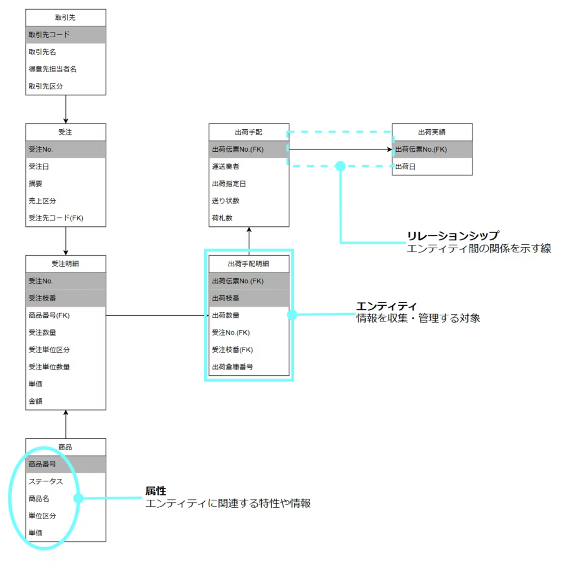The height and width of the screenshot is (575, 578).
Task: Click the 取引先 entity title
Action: [65, 18]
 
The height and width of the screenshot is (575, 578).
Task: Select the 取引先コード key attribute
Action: [49, 35]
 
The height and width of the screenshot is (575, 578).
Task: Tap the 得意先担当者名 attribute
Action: [53, 69]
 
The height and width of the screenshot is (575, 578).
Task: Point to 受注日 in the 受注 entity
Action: [39, 167]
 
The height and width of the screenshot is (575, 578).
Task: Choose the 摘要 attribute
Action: [35, 184]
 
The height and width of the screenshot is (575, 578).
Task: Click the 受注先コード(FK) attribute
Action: [56, 218]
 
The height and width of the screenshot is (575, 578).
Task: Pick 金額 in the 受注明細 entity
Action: [35, 401]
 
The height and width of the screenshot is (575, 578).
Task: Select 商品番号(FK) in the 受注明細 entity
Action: [49, 315]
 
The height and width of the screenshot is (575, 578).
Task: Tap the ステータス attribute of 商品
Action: [46, 481]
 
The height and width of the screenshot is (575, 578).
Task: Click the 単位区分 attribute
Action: [42, 516]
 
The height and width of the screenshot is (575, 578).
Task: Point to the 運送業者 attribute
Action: [226, 167]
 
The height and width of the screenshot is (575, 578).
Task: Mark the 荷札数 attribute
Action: [222, 218]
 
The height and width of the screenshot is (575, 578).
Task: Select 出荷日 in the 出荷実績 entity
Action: [405, 167]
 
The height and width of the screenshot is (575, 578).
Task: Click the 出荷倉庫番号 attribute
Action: [232, 367]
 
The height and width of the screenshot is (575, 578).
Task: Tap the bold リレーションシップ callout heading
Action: [453, 236]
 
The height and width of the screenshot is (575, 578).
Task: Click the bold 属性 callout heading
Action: [156, 491]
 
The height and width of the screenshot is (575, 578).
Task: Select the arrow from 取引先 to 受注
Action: [66, 109]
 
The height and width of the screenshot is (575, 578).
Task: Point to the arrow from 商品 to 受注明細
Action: [66, 424]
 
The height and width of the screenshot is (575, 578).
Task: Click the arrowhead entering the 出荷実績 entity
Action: [389, 149]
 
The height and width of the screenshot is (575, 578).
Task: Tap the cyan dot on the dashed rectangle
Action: [340, 166]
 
